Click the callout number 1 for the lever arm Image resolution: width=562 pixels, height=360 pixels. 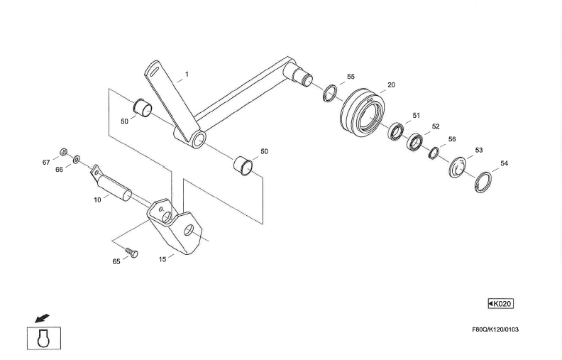coord(187,73)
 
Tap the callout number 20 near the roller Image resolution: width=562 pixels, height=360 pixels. coord(391,84)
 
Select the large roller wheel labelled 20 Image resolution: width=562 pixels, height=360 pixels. coord(362,111)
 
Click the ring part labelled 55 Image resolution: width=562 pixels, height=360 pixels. coord(330,93)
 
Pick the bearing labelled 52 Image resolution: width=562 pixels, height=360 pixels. coord(415,143)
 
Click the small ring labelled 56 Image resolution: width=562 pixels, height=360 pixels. coord(434,152)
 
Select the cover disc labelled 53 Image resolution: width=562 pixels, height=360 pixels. coord(458,168)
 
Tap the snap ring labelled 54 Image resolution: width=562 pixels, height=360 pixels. coord(482,180)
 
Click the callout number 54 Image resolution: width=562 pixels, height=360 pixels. coord(504,163)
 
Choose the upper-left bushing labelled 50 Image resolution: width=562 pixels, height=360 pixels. coord(145,107)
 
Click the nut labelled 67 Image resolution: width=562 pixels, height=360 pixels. coord(63,152)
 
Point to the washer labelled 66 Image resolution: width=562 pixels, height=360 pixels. coord(77,158)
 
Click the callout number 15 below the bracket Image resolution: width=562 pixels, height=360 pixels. coord(162,259)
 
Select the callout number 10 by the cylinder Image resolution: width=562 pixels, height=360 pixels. coord(97,200)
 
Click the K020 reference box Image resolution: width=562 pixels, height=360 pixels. coord(500,304)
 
